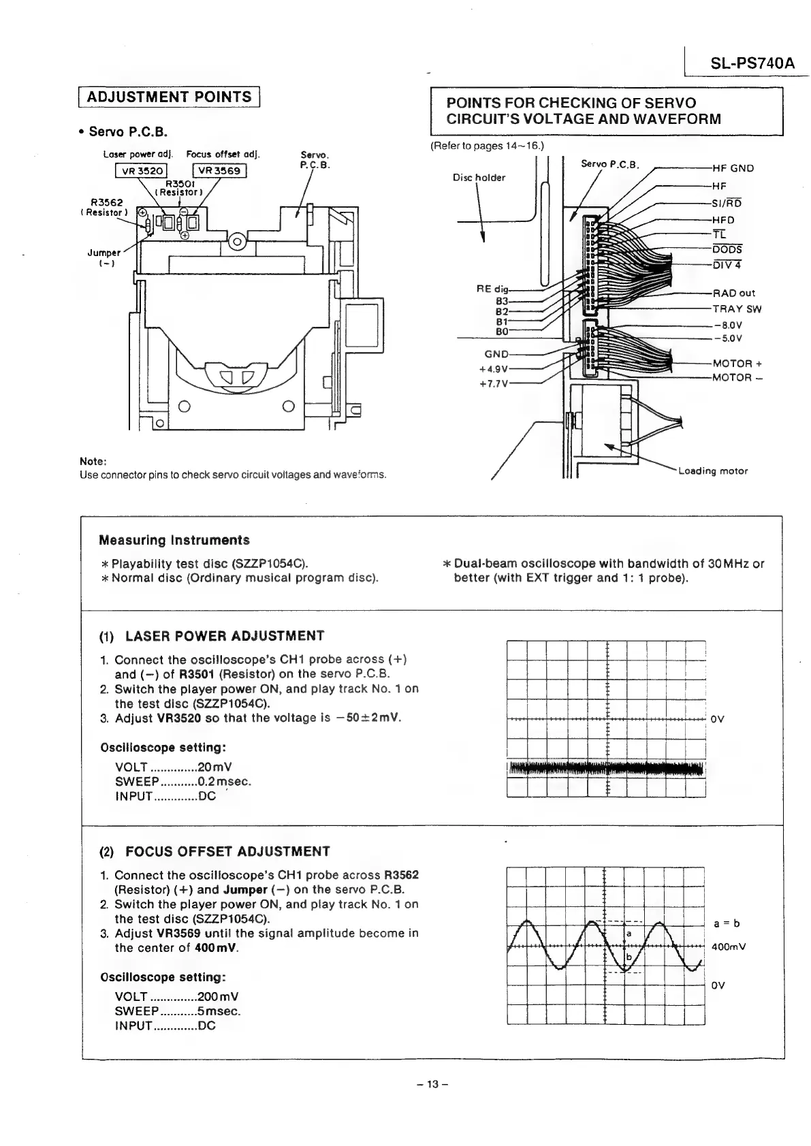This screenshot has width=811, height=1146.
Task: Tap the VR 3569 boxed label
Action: coord(219,171)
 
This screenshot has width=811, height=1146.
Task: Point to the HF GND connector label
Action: coord(733,168)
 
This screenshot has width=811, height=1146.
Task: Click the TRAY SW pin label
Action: coord(737,309)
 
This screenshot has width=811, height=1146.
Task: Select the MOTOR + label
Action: coord(737,364)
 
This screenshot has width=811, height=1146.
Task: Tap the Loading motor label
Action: coord(713,471)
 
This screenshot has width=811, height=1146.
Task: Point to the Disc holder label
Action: coord(479,178)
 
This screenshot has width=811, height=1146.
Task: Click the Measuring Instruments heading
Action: coord(174,541)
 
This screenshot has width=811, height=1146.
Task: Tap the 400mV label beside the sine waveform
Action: coord(729,946)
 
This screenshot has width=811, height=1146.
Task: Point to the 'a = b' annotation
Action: coord(727,923)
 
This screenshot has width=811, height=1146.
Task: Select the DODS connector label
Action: coord(727,250)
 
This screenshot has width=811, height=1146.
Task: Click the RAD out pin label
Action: coord(733,293)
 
